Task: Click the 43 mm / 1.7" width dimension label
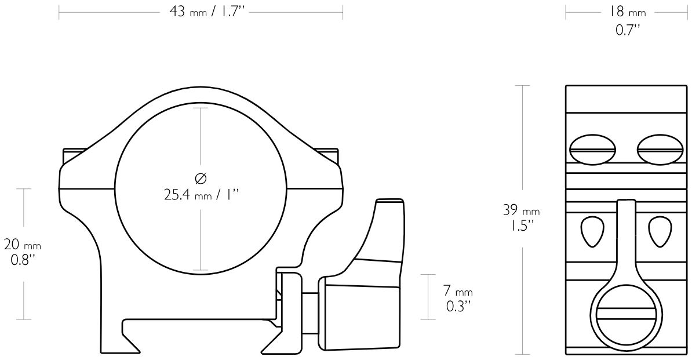click(x=207, y=12)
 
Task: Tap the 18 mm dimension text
click(x=628, y=12)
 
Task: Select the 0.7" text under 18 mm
click(x=628, y=30)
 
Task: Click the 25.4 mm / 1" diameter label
click(x=201, y=194)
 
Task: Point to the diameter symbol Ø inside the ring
click(x=201, y=178)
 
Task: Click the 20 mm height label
click(x=23, y=243)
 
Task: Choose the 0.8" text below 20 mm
click(x=23, y=260)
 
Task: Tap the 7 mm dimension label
click(x=458, y=291)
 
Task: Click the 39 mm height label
click(x=521, y=210)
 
